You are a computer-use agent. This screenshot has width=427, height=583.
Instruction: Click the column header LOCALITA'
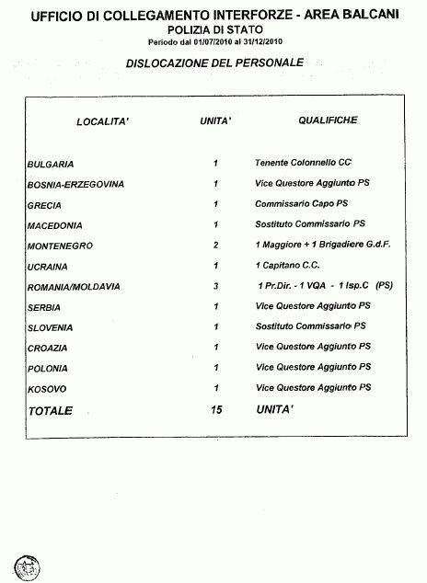103,121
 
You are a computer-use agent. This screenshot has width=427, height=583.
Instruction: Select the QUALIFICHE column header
328,120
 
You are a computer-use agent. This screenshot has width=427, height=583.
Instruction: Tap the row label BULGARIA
51,164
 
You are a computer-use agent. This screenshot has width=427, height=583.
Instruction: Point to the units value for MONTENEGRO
215,245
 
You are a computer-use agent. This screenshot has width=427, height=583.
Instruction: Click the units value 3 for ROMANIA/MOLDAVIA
215,286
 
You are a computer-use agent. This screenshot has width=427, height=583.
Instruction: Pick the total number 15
216,410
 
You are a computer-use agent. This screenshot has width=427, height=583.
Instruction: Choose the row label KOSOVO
47,389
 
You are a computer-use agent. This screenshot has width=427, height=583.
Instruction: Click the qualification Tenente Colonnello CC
303,163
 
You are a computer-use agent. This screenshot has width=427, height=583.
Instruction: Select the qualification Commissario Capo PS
301,203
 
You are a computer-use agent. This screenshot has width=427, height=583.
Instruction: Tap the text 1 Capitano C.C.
287,265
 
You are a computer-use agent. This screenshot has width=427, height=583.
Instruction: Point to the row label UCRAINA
47,267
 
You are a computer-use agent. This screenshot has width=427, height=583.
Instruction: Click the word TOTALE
51,410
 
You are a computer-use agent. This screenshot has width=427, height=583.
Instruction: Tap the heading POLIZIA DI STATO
215,29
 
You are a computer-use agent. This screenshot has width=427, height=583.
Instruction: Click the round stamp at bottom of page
27,567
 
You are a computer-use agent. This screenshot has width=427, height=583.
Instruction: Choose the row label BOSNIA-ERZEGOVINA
75,184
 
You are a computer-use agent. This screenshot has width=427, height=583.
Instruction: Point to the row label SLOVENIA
51,327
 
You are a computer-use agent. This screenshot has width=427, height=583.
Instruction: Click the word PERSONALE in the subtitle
270,63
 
